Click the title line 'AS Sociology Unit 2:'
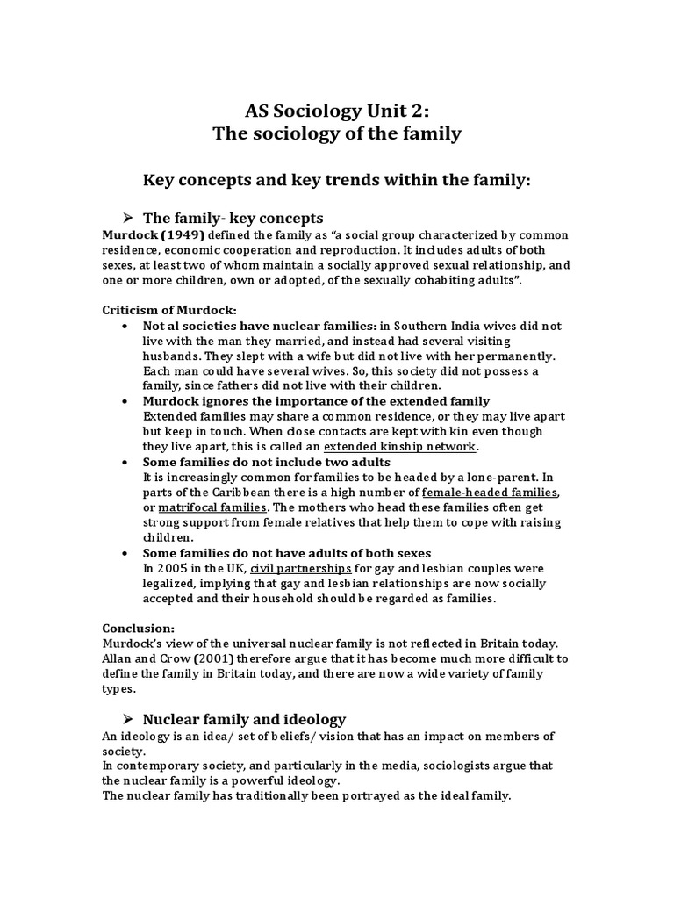337,111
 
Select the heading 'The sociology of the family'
337,134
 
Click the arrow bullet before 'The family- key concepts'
125,218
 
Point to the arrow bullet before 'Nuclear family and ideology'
125,718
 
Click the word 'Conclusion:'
139,629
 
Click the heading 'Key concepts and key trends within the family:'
337,181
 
